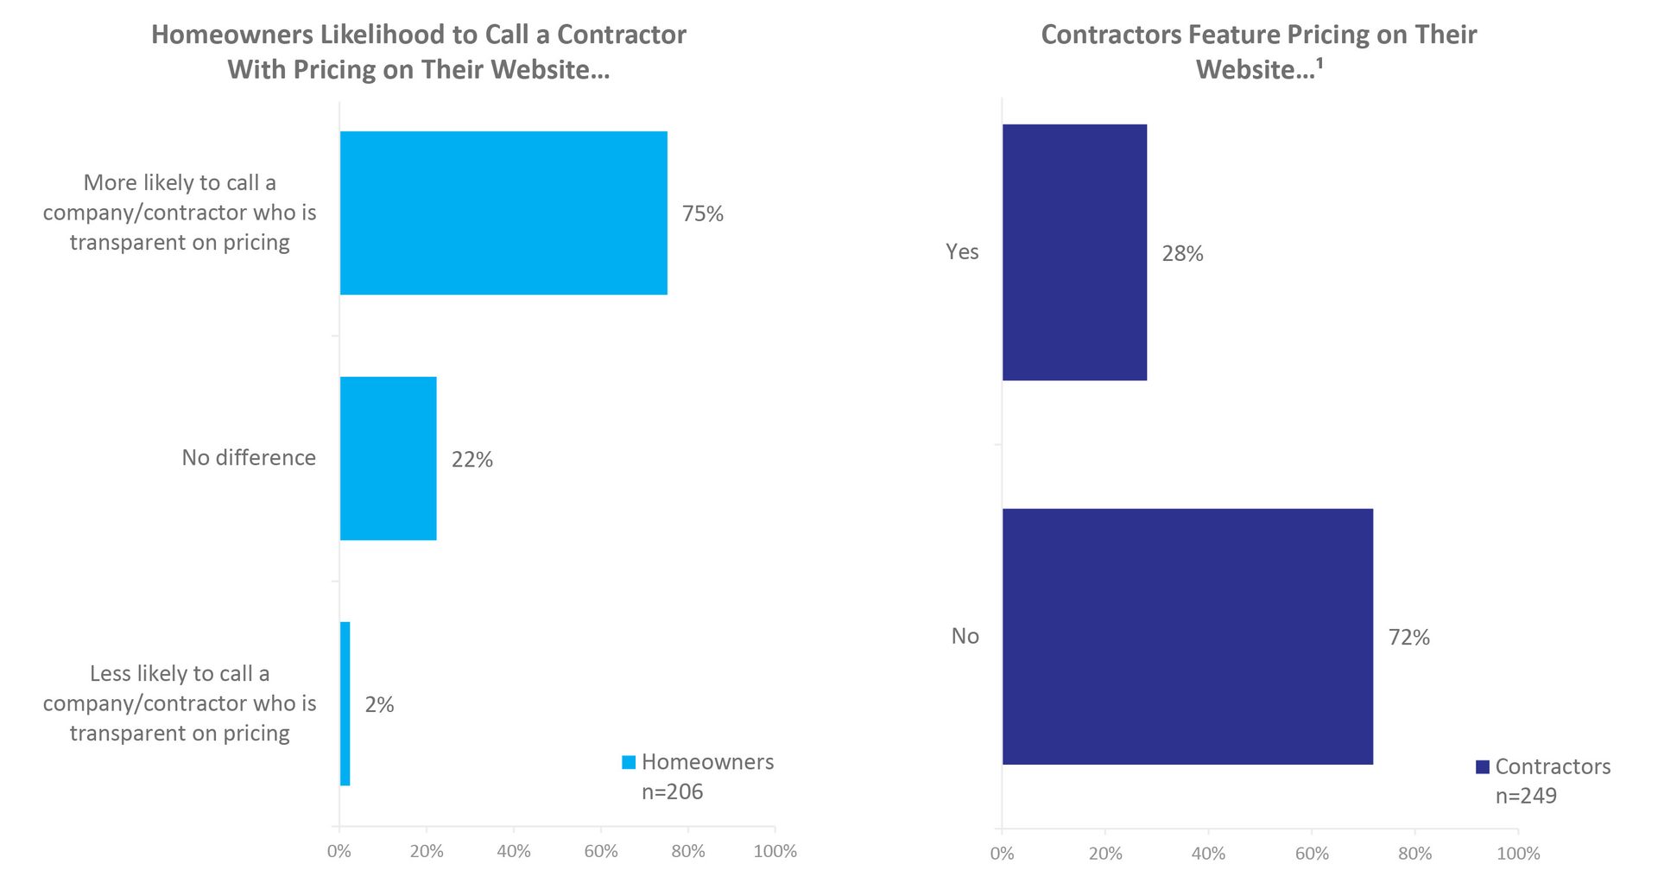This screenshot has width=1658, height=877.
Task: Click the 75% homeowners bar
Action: click(x=503, y=213)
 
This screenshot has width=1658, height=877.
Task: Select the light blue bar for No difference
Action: click(x=389, y=458)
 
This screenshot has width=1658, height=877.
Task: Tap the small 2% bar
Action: click(x=345, y=703)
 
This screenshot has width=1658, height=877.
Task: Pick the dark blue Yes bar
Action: click(x=1074, y=252)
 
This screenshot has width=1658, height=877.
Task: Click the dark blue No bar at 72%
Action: click(x=1187, y=636)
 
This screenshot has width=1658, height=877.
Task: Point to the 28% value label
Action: click(x=1182, y=253)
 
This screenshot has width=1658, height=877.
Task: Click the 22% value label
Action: click(x=471, y=460)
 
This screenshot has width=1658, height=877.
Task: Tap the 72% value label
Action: click(x=1408, y=638)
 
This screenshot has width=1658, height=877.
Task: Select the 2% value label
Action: click(x=379, y=705)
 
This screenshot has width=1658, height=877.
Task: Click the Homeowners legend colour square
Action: click(x=629, y=762)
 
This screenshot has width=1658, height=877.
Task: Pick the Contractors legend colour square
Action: click(x=1483, y=766)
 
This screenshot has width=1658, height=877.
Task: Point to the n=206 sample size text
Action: click(x=672, y=791)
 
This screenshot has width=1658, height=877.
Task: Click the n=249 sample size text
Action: click(x=1526, y=796)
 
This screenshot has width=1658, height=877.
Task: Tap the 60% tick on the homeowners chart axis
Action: click(x=601, y=851)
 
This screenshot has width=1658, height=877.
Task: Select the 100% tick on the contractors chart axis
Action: click(x=1518, y=854)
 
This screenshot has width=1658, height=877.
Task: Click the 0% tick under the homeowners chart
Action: click(x=339, y=851)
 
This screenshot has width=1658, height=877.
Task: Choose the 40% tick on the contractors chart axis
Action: click(x=1208, y=854)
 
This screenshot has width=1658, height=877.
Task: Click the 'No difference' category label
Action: click(x=249, y=458)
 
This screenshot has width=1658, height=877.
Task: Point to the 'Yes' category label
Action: click(x=962, y=251)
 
